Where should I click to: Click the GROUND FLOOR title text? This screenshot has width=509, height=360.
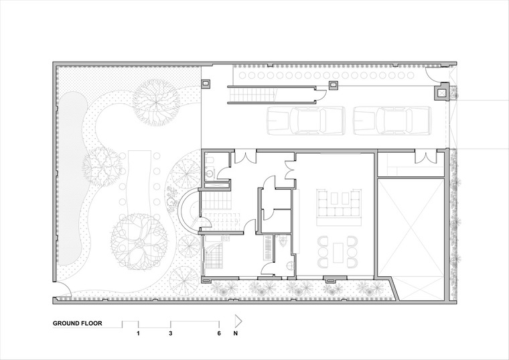pyautogui.click(x=77, y=323)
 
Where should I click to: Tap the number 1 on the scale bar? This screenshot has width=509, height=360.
pyautogui.click(x=138, y=333)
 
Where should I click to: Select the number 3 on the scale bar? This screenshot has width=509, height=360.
pyautogui.click(x=171, y=333)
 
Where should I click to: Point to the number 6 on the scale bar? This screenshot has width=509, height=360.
pyautogui.click(x=219, y=333)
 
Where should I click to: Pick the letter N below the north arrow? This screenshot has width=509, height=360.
pyautogui.click(x=235, y=333)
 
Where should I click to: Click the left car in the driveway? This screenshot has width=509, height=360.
pyautogui.click(x=305, y=121)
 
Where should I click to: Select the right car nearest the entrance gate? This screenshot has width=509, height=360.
pyautogui.click(x=392, y=121)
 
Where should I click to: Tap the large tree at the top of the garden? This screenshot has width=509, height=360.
pyautogui.click(x=157, y=103)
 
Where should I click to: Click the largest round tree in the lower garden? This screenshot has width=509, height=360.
pyautogui.click(x=139, y=242)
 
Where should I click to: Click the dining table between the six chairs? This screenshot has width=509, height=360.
pyautogui.click(x=339, y=252)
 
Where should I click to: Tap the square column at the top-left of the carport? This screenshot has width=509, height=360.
pyautogui.click(x=206, y=84)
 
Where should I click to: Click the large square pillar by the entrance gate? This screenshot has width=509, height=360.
pyautogui.click(x=441, y=92)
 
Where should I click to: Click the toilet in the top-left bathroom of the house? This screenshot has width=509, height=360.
pyautogui.click(x=210, y=160)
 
